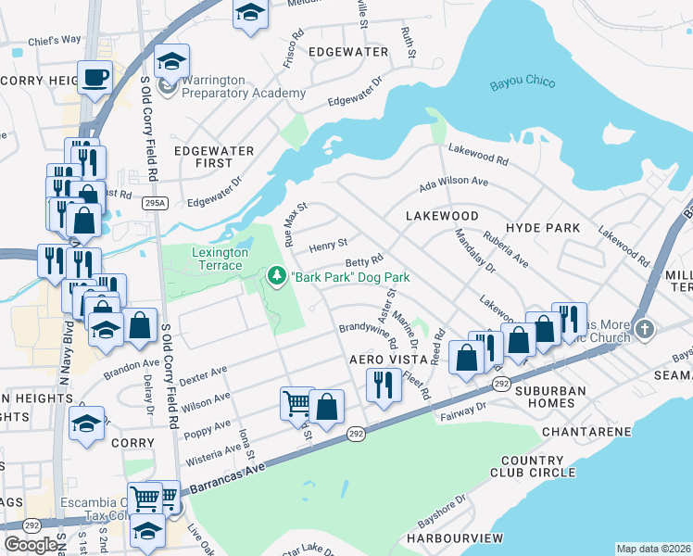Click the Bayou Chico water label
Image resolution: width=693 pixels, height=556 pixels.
click(x=523, y=83)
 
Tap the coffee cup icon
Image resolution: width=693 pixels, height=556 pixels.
click(x=94, y=77)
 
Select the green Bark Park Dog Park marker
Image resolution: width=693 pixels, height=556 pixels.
click(x=276, y=276)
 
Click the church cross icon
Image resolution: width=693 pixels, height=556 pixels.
click(x=646, y=329)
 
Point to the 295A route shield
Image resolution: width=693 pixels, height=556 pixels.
click(x=157, y=203)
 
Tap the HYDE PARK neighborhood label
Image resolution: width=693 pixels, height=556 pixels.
click(x=543, y=228)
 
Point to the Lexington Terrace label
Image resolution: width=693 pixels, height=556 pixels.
click(x=220, y=259)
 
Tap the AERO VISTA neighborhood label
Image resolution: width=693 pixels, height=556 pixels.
click(x=379, y=359)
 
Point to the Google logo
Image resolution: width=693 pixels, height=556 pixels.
click(x=31, y=545)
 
